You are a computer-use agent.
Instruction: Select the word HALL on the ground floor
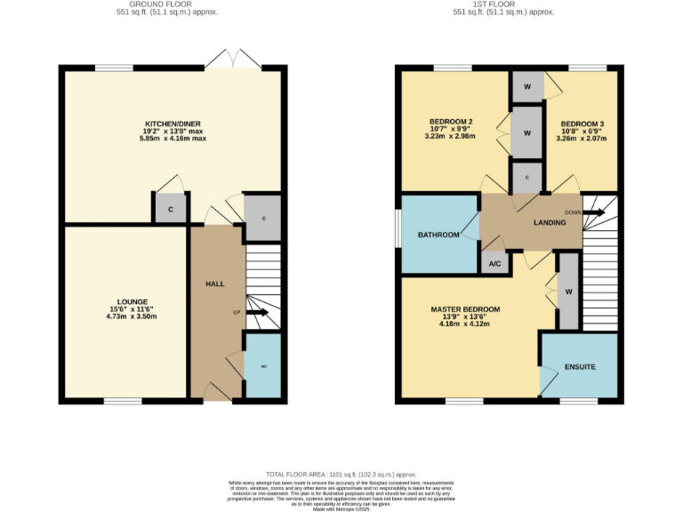click(x=215, y=284)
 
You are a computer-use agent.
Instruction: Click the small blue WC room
click(x=263, y=366)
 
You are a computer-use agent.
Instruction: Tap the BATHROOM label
click(x=438, y=235)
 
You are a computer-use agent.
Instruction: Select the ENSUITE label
click(x=579, y=366)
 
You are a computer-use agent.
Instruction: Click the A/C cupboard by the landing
click(x=494, y=263)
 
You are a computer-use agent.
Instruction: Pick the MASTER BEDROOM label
click(x=465, y=309)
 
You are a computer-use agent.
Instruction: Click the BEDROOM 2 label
click(x=452, y=122)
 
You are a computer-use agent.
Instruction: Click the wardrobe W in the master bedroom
click(x=567, y=291)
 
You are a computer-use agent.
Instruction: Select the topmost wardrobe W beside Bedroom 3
click(x=527, y=87)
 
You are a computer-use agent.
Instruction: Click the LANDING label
click(x=550, y=222)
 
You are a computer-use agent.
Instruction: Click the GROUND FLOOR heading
click(x=167, y=4)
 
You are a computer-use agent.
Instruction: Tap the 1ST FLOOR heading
click(x=503, y=4)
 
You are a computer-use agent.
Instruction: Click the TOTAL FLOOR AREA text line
click(x=341, y=475)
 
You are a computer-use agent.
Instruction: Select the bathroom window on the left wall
click(x=398, y=234)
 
